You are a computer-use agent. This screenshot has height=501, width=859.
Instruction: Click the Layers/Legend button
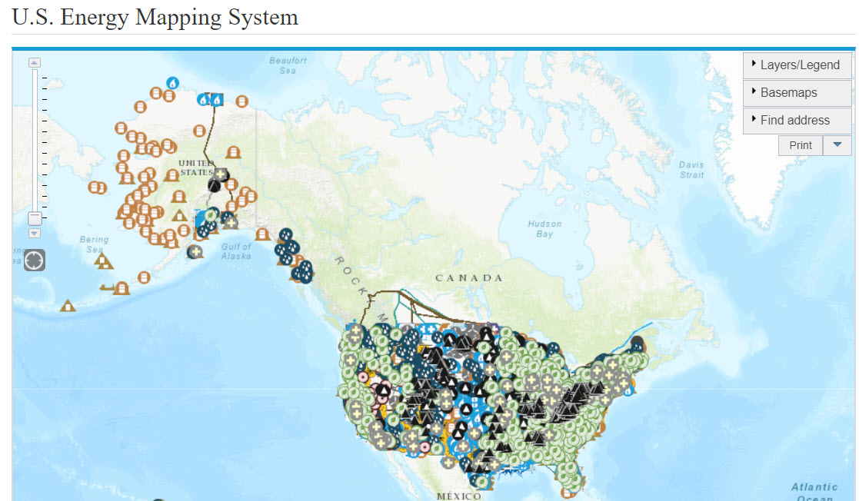[x=797, y=65]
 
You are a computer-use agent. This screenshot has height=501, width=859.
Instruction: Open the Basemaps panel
[x=797, y=93]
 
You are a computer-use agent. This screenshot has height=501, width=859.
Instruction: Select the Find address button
[x=797, y=121]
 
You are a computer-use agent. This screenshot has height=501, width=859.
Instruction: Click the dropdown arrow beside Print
[x=837, y=145]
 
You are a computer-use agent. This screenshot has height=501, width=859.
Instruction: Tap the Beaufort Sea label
[x=288, y=65]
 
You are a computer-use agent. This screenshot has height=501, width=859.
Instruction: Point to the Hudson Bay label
[x=544, y=228]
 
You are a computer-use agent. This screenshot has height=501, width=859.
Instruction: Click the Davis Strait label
[x=691, y=170]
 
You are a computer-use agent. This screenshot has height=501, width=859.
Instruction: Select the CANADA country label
[x=468, y=277]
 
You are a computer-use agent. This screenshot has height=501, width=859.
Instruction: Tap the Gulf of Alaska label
[x=235, y=251]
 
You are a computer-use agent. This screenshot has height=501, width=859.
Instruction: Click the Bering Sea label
[x=94, y=244]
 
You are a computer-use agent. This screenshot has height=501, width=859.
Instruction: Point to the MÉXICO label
[x=459, y=496]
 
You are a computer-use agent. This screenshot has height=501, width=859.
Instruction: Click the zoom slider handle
[x=35, y=218]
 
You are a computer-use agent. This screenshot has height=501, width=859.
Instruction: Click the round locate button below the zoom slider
[x=35, y=260]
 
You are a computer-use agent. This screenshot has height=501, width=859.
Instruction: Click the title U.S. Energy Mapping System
[x=155, y=17]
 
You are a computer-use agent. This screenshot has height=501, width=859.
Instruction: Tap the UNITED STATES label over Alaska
[x=197, y=168]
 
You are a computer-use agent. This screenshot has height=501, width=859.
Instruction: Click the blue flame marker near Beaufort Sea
[x=173, y=82]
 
